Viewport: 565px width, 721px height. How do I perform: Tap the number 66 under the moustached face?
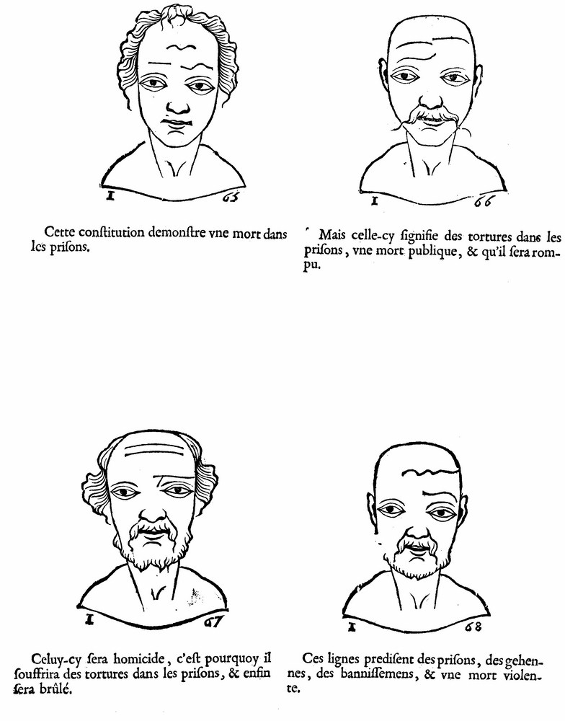[484, 201]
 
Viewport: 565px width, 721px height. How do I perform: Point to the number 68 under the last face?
[473, 627]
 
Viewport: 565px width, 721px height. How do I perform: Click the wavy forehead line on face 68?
[430, 472]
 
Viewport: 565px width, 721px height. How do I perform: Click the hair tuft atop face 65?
[179, 14]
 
